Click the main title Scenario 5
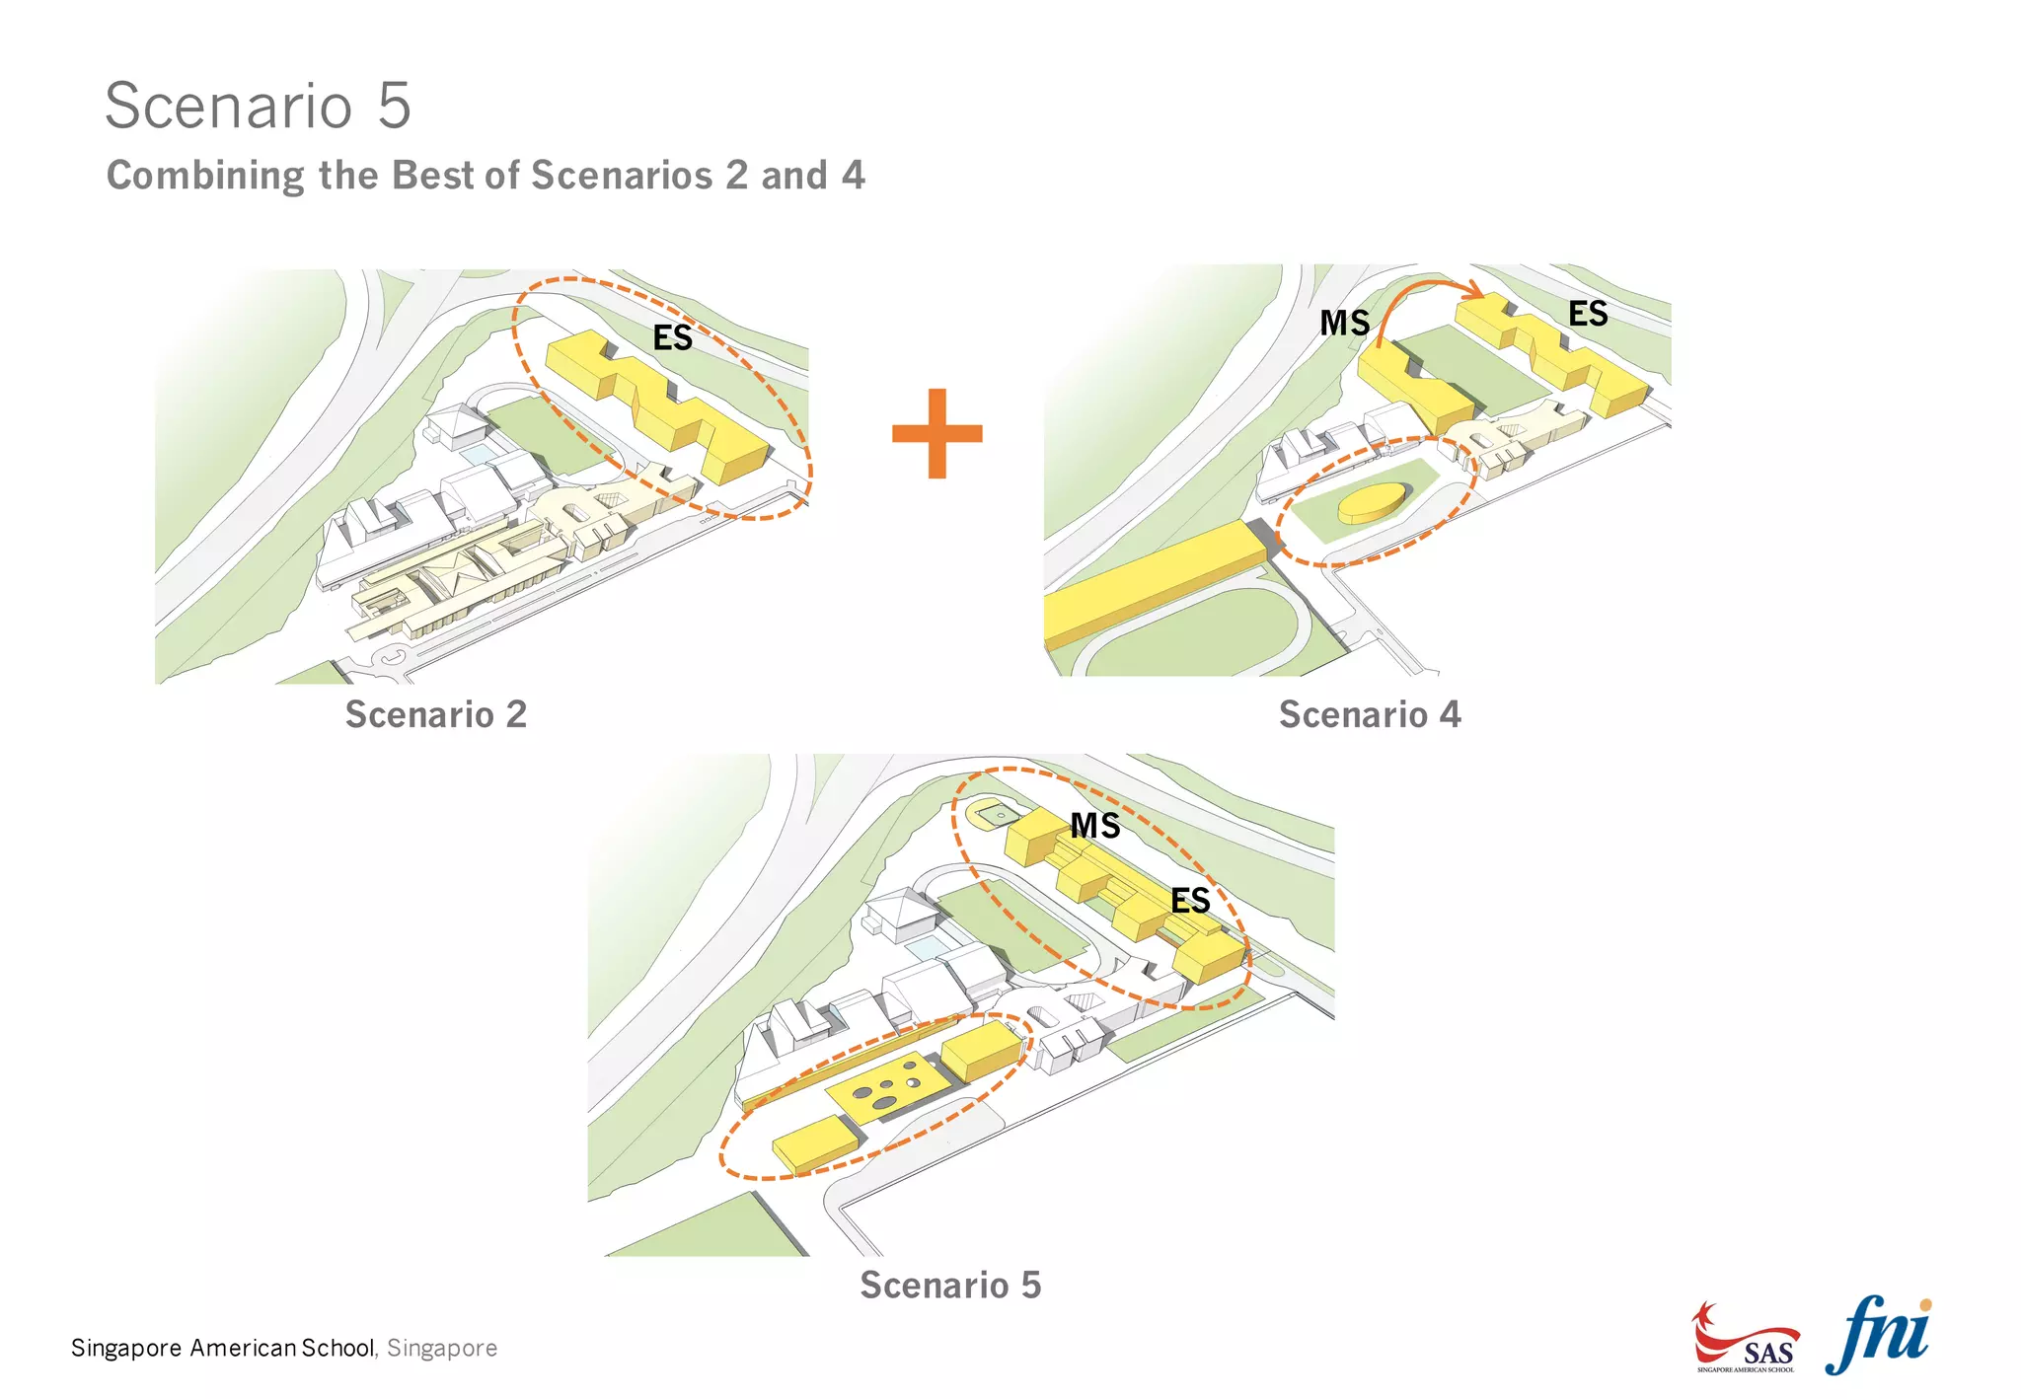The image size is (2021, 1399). tap(258, 106)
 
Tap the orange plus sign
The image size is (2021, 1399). tap(936, 433)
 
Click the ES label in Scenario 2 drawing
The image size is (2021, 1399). tap(673, 338)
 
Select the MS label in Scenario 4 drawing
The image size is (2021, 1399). tap(1345, 323)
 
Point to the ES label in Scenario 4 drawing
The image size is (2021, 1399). tap(1588, 314)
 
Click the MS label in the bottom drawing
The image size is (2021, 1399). tap(1095, 826)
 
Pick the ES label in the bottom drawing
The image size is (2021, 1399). tap(1190, 900)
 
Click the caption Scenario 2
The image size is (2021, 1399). tap(435, 714)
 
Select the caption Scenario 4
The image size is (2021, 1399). tap(1369, 714)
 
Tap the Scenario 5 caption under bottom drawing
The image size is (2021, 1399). tap(949, 1285)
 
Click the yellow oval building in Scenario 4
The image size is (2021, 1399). tap(1375, 502)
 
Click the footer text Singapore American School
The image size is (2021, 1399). tap(223, 1348)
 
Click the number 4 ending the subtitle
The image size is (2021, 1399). tap(854, 176)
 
